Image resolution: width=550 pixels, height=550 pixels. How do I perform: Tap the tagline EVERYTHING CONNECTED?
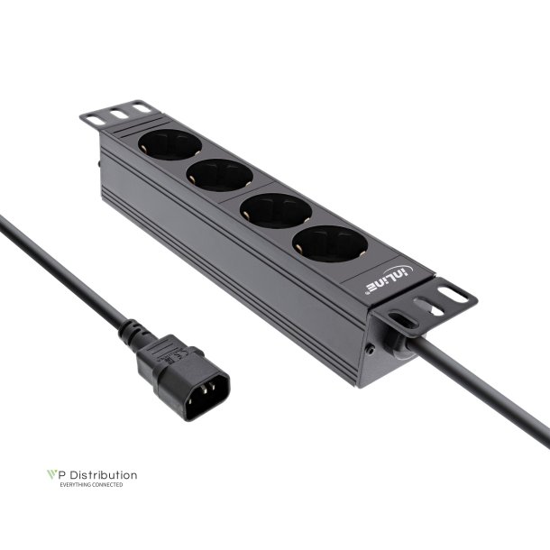(91, 485)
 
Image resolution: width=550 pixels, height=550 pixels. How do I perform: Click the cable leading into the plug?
(54, 261)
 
